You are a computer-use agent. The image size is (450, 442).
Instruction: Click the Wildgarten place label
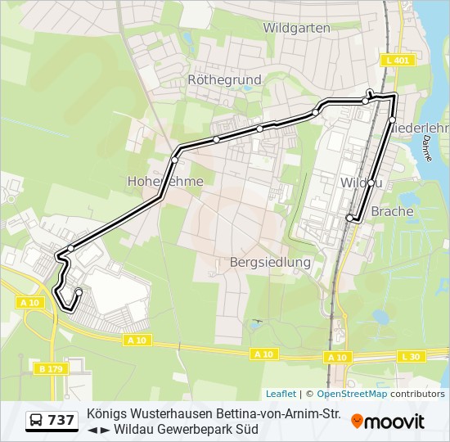296,28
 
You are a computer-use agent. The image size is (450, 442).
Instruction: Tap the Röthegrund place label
224,80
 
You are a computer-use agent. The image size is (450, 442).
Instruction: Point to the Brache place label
392,211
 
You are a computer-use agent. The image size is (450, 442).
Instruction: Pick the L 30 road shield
411,356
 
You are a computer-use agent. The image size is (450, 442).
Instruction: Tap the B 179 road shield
52,369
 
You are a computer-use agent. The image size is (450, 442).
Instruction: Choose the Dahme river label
425,147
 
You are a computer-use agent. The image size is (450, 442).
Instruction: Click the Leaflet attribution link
281,394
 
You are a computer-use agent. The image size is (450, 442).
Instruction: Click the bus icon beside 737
37,421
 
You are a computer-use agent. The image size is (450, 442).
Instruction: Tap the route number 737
61,421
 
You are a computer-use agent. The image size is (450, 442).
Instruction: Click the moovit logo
388,422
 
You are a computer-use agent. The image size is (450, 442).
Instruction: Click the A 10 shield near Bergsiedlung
263,354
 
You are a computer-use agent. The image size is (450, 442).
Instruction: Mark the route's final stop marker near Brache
350,218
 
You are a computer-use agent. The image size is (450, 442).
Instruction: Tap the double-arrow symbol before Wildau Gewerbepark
98,429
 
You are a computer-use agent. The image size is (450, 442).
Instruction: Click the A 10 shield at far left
29,303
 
